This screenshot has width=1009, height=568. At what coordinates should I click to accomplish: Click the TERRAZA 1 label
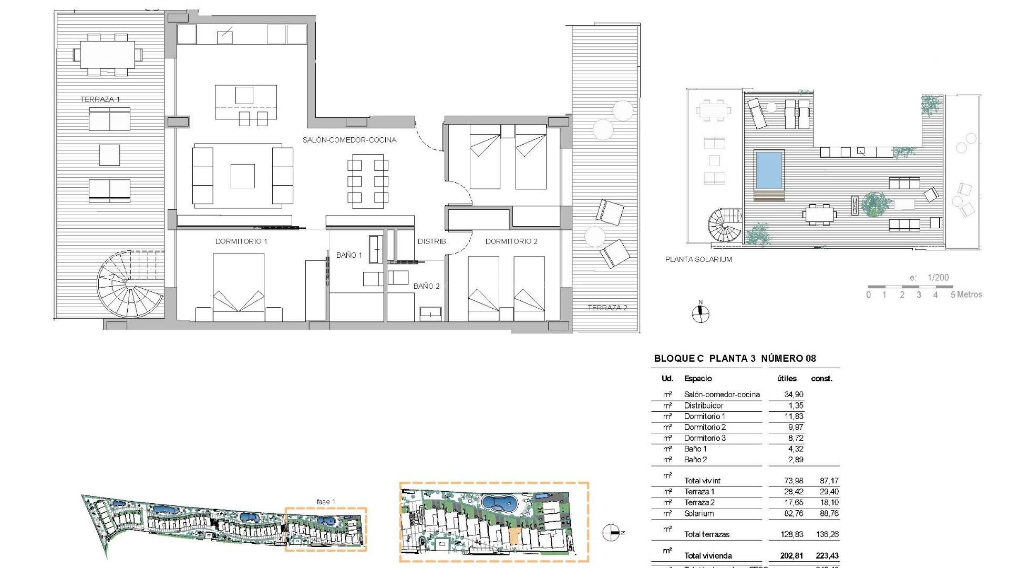click(x=100, y=99)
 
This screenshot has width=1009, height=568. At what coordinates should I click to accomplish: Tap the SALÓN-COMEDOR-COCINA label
click(x=349, y=140)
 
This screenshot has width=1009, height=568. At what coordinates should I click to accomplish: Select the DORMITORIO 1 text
click(x=241, y=241)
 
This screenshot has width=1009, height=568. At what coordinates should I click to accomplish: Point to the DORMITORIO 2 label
click(x=511, y=241)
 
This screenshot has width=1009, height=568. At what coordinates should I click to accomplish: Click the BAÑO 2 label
click(x=426, y=286)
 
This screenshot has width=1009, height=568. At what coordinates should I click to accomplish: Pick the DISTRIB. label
click(x=432, y=241)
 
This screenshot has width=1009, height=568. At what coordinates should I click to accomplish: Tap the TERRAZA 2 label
click(x=607, y=308)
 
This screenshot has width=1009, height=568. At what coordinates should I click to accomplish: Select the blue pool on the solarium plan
click(x=769, y=170)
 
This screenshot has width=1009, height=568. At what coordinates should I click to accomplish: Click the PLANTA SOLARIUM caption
click(x=698, y=259)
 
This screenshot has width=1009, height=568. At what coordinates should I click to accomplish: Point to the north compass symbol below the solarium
click(x=700, y=314)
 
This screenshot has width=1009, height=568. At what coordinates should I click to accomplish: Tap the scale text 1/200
click(x=938, y=278)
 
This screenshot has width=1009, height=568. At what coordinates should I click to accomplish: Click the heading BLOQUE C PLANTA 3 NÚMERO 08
click(x=735, y=359)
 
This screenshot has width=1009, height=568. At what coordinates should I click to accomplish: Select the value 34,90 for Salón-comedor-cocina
click(x=794, y=394)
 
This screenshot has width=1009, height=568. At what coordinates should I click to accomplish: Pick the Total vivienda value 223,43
click(x=827, y=555)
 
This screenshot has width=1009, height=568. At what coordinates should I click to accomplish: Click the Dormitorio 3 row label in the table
click(x=705, y=438)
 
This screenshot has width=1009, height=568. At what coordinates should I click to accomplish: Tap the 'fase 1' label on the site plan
click(x=326, y=502)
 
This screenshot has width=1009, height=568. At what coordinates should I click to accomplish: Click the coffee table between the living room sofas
click(x=243, y=176)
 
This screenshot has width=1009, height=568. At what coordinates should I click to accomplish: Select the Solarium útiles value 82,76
click(x=794, y=513)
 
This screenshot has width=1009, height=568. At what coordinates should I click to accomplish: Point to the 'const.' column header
click(x=821, y=379)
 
